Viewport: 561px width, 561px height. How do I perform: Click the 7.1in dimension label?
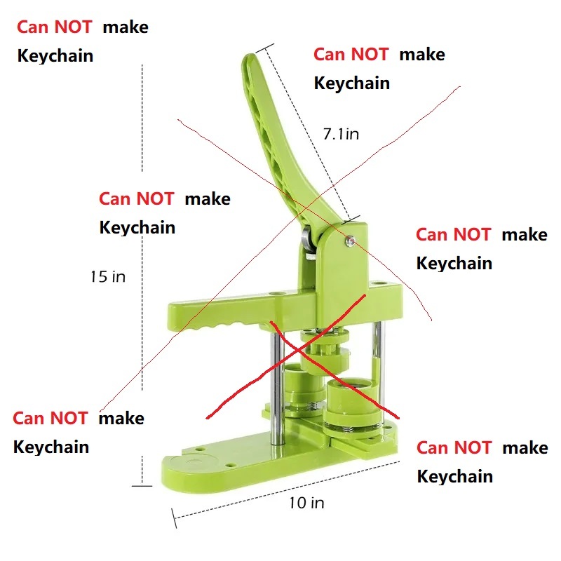(341, 134)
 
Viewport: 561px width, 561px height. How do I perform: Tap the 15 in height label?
(108, 276)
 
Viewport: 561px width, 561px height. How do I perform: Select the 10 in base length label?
(306, 503)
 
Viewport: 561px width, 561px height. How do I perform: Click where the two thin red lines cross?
(306, 208)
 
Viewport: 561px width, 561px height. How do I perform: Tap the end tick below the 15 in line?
(142, 486)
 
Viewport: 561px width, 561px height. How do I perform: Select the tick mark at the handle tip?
(265, 48)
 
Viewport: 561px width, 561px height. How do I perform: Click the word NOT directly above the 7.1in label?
(370, 55)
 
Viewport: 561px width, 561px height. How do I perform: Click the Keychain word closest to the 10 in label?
(454, 477)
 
